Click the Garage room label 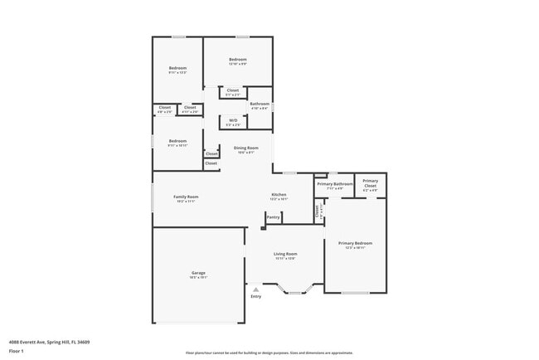[198, 273]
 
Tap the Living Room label [285, 255]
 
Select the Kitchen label [279, 195]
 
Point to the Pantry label [273, 217]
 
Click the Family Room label [185, 197]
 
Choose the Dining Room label [245, 148]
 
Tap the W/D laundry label [233, 120]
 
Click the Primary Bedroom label [355, 243]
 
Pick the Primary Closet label [370, 181]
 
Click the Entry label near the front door [255, 296]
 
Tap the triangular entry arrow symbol [255, 289]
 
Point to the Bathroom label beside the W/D [260, 104]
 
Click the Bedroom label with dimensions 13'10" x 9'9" [238, 60]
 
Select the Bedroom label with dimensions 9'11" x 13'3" [177, 68]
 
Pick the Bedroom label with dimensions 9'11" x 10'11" [177, 141]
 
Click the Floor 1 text [16, 351]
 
